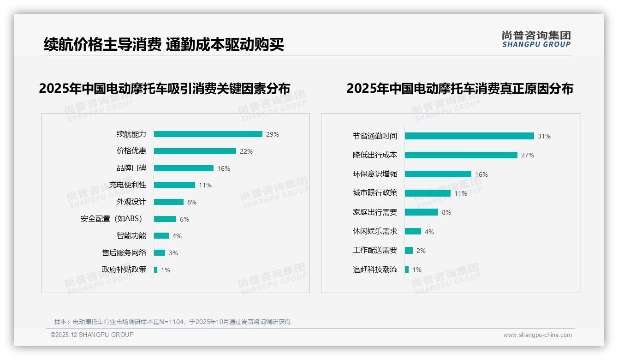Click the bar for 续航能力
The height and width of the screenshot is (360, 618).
(208, 134)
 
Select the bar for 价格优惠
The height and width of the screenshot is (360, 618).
(195, 151)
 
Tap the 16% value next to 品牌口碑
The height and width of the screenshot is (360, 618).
(224, 168)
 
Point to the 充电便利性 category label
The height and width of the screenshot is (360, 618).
(128, 185)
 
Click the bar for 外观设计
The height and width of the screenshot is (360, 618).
(168, 202)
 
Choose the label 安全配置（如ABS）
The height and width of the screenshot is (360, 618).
(111, 219)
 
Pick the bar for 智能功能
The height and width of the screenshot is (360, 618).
(161, 236)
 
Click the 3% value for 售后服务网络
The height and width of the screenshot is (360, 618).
(173, 253)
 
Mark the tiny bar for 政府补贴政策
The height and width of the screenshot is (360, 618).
(155, 270)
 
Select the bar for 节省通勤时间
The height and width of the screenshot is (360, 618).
(469, 136)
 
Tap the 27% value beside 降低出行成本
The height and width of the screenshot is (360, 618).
(527, 156)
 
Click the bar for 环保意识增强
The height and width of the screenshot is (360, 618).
(438, 174)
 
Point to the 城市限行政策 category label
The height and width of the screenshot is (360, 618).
(375, 193)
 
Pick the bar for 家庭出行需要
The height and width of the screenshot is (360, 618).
(421, 212)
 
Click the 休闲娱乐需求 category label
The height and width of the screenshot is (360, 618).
(375, 231)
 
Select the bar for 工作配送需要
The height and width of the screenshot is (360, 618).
(409, 251)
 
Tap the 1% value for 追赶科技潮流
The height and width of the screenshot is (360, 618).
(416, 270)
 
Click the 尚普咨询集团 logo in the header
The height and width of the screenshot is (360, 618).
(536, 39)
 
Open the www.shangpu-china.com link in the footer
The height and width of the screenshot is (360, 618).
(537, 335)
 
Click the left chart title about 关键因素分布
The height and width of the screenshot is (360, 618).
(165, 89)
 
